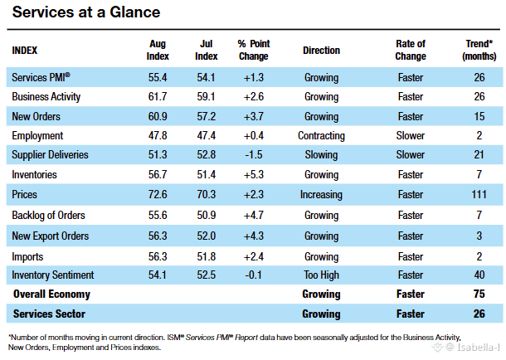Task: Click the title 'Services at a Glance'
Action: pos(86,12)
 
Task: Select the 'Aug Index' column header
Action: pos(158,50)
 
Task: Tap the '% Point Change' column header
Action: pos(254,50)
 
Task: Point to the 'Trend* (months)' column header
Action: pos(479,50)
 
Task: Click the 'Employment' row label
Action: pos(37,136)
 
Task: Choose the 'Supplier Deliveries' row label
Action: pos(50,155)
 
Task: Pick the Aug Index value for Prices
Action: pos(158,194)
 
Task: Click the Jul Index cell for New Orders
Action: pos(207,116)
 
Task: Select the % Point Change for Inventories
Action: pos(254,174)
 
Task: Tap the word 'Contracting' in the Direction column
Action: pos(321,136)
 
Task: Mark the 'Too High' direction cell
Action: pos(321,275)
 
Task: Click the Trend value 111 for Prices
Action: pos(479,194)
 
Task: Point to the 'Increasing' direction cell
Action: pos(321,195)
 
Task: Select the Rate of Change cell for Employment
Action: pos(411,136)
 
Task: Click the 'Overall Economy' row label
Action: pos(51,294)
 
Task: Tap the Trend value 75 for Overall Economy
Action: pos(479,294)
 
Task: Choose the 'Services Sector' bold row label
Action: pos(49,314)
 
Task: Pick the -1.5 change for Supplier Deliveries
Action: pos(254,155)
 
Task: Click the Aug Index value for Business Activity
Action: pos(158,96)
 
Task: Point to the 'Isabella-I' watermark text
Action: pos(479,347)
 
